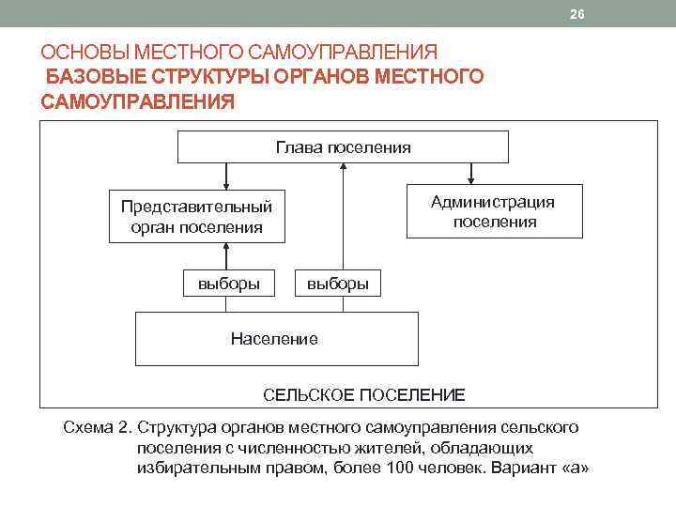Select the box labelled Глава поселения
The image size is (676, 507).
(x=343, y=147)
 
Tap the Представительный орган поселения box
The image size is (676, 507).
(x=196, y=216)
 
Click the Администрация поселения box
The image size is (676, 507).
(x=494, y=211)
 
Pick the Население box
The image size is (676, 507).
(x=275, y=338)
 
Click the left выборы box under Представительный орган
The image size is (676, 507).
(x=229, y=282)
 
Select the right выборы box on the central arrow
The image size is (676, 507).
(x=338, y=283)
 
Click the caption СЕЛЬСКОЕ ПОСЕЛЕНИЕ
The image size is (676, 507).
(x=363, y=394)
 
